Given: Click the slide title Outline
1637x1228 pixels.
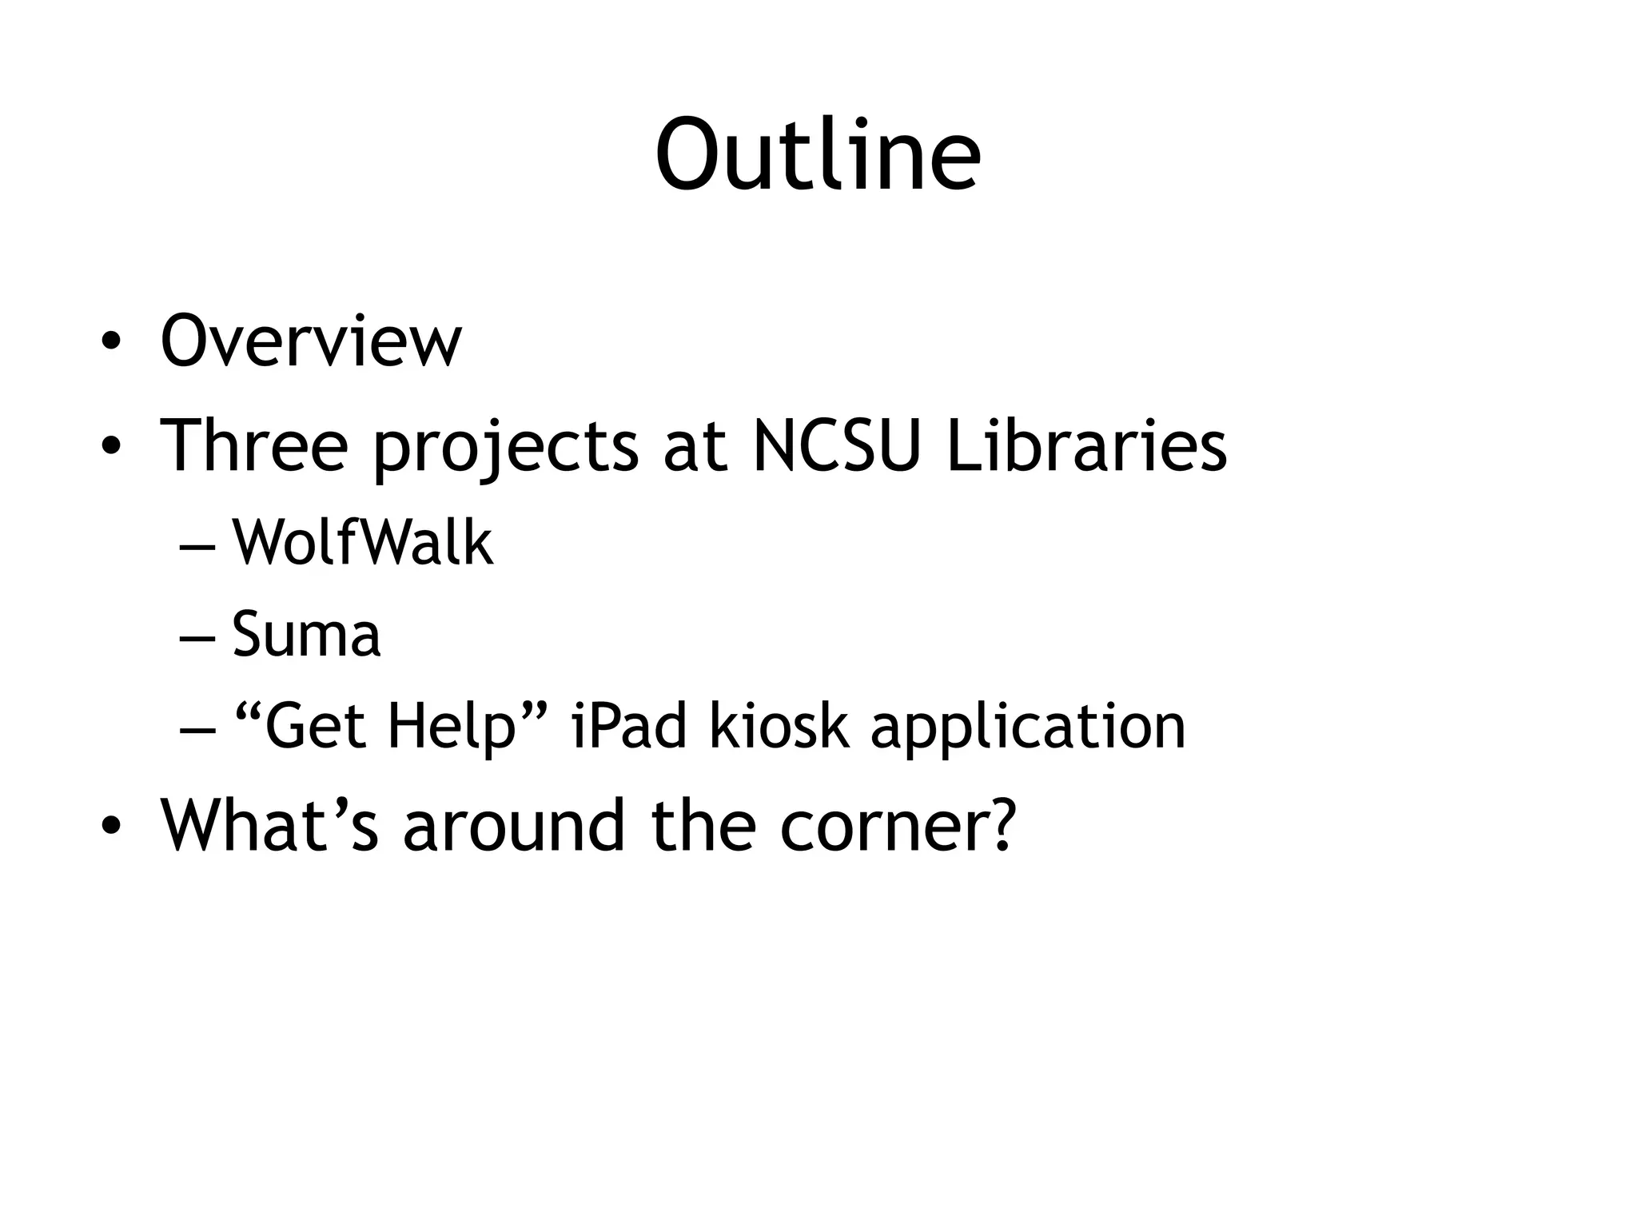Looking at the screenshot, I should (818, 155).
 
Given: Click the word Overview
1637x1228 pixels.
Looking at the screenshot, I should (311, 341).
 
